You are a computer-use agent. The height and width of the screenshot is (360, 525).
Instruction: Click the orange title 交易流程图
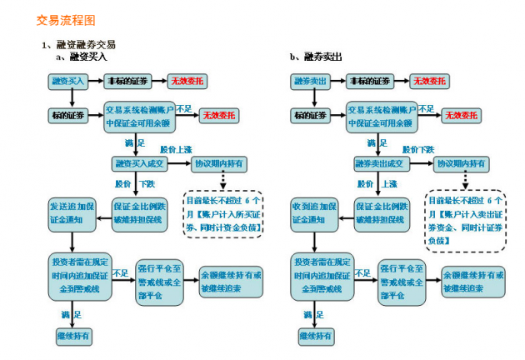(x=59, y=18)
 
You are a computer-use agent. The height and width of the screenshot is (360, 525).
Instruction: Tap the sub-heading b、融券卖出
(x=316, y=57)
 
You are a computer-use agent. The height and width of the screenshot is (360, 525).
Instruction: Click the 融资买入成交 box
(x=142, y=163)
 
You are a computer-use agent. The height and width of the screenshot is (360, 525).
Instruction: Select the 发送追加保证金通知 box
(x=72, y=212)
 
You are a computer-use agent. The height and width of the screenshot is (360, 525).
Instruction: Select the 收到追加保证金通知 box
(x=313, y=212)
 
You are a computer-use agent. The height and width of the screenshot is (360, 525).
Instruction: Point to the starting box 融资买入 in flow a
(x=68, y=81)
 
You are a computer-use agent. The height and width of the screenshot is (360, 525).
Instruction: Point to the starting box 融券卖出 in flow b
(x=310, y=81)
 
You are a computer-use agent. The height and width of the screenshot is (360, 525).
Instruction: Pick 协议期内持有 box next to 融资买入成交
(x=222, y=163)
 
